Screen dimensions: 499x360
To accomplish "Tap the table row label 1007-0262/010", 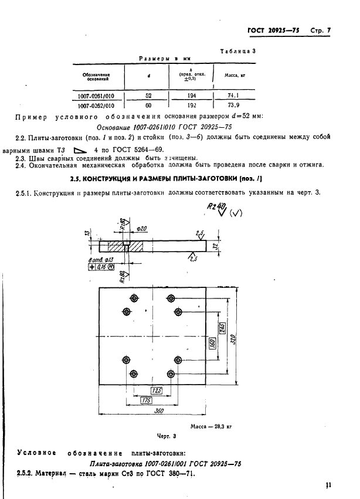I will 96,106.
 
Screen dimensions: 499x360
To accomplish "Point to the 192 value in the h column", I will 191,106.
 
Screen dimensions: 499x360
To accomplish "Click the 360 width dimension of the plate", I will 158,412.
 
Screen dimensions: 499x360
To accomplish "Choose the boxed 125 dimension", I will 156,390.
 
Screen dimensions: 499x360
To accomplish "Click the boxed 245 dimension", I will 222,328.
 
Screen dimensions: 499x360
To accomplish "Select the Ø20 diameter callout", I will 141,228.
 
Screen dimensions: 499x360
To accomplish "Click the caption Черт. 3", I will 167,436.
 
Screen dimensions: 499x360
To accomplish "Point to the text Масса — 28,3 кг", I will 212,427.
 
